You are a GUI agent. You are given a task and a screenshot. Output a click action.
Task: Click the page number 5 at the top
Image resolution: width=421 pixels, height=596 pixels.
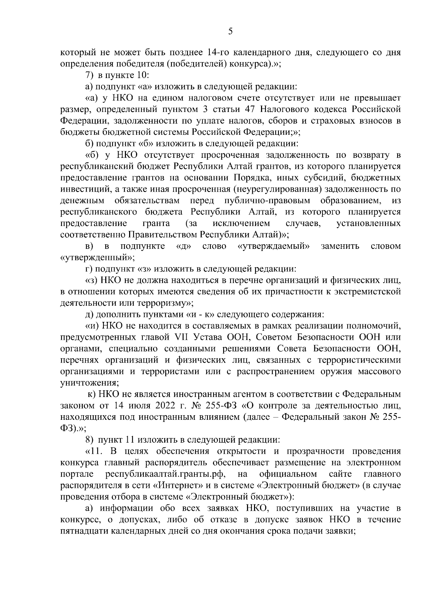point(230,32)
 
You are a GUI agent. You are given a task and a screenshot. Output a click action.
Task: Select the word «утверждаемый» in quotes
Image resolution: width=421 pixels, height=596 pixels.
point(274,246)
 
